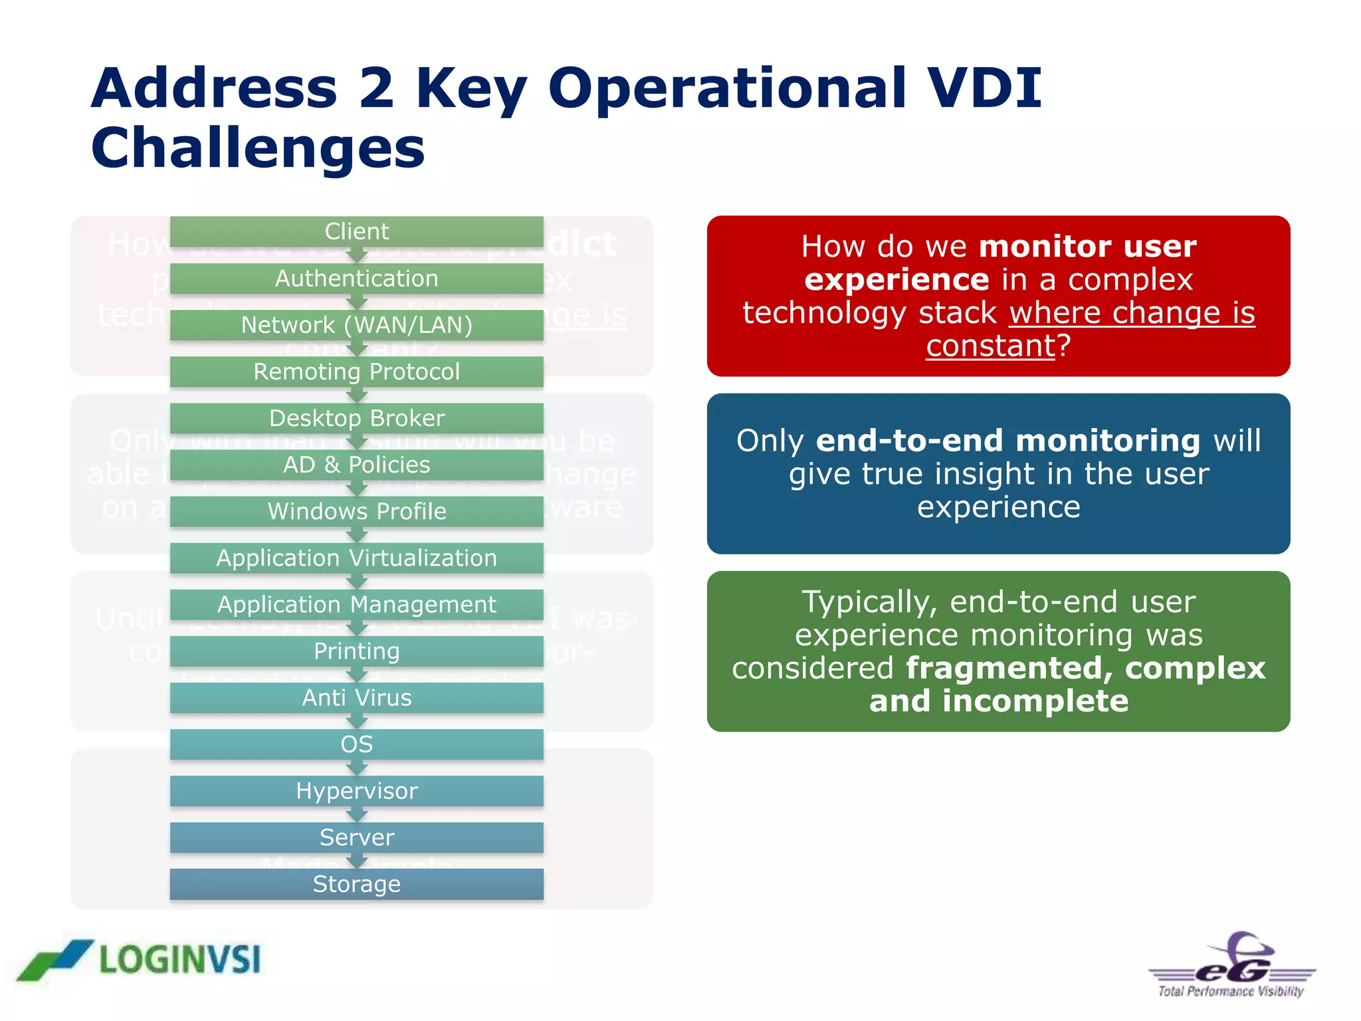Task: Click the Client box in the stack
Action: pos(356,231)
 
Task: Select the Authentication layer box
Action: pos(356,278)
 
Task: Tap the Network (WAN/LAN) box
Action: pos(356,325)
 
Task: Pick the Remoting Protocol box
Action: pos(356,372)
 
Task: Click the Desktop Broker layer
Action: pos(356,418)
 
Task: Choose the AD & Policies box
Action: pos(356,465)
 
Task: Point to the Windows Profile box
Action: pos(356,511)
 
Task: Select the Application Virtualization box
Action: pos(356,558)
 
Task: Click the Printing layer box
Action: pos(356,651)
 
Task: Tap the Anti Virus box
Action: pos(356,697)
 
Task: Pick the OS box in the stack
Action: pos(356,744)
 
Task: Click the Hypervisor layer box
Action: pos(356,790)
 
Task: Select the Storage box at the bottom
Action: pos(356,883)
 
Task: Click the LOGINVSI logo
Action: pos(140,959)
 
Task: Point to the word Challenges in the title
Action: pos(258,148)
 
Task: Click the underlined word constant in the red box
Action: pos(990,346)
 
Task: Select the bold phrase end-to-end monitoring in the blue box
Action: pos(1007,441)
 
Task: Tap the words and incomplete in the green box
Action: pos(998,701)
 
